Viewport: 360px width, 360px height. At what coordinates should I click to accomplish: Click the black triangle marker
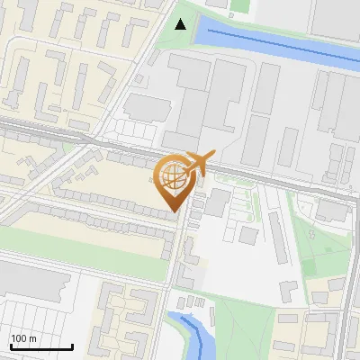(182, 24)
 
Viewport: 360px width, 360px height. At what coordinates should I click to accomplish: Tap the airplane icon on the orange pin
(196, 162)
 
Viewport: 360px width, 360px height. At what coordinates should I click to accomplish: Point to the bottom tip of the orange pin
(175, 211)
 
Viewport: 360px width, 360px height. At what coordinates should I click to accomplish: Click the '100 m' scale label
(24, 338)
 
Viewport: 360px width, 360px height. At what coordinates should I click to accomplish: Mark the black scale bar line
(41, 346)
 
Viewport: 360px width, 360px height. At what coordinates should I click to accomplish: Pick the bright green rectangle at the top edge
(239, 5)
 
